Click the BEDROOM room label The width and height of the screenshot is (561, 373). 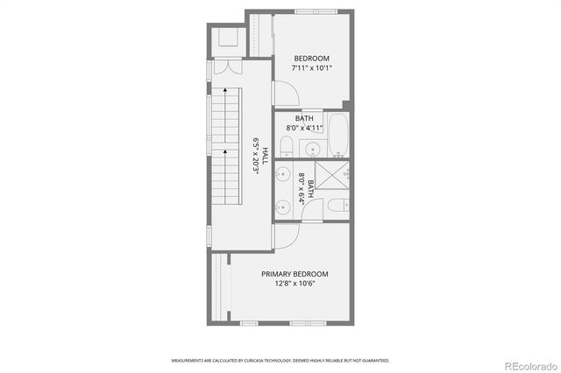point(311,58)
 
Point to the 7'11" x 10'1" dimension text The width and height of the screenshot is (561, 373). point(312,67)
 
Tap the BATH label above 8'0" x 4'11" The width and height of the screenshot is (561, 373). point(304,118)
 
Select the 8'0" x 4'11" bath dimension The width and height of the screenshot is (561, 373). point(304,128)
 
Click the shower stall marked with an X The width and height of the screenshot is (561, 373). point(332,175)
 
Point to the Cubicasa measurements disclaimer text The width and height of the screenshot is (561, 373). point(280,360)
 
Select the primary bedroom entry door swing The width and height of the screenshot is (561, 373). point(286,235)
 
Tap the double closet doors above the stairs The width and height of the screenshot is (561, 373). point(227,68)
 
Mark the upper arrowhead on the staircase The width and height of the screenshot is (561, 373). point(225,89)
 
